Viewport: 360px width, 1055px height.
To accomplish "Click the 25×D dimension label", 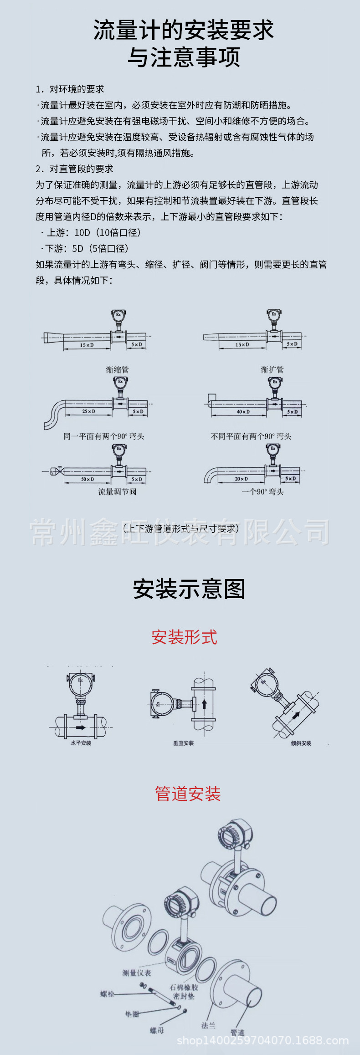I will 88,411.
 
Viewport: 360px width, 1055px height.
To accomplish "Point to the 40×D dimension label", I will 243,412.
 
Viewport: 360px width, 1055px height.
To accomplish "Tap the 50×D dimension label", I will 87,479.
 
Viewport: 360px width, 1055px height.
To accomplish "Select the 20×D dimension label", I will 241,479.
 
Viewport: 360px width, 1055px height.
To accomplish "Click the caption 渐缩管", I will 117,369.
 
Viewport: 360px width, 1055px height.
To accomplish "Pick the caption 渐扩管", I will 272,369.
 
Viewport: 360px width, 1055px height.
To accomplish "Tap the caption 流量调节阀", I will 117,492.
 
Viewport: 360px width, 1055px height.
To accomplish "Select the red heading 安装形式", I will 184,637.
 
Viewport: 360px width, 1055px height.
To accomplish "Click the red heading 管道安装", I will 188,794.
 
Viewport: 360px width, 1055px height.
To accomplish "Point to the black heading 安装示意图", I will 189,589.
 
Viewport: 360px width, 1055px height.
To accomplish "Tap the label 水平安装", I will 81,743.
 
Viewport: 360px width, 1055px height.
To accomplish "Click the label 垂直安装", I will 183,743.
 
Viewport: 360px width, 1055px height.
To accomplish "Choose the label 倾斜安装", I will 301,743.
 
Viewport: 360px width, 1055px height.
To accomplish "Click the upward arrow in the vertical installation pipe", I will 204,704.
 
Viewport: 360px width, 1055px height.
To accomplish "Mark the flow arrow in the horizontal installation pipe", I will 81,727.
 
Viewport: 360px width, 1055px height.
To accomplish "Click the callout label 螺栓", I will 107,994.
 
